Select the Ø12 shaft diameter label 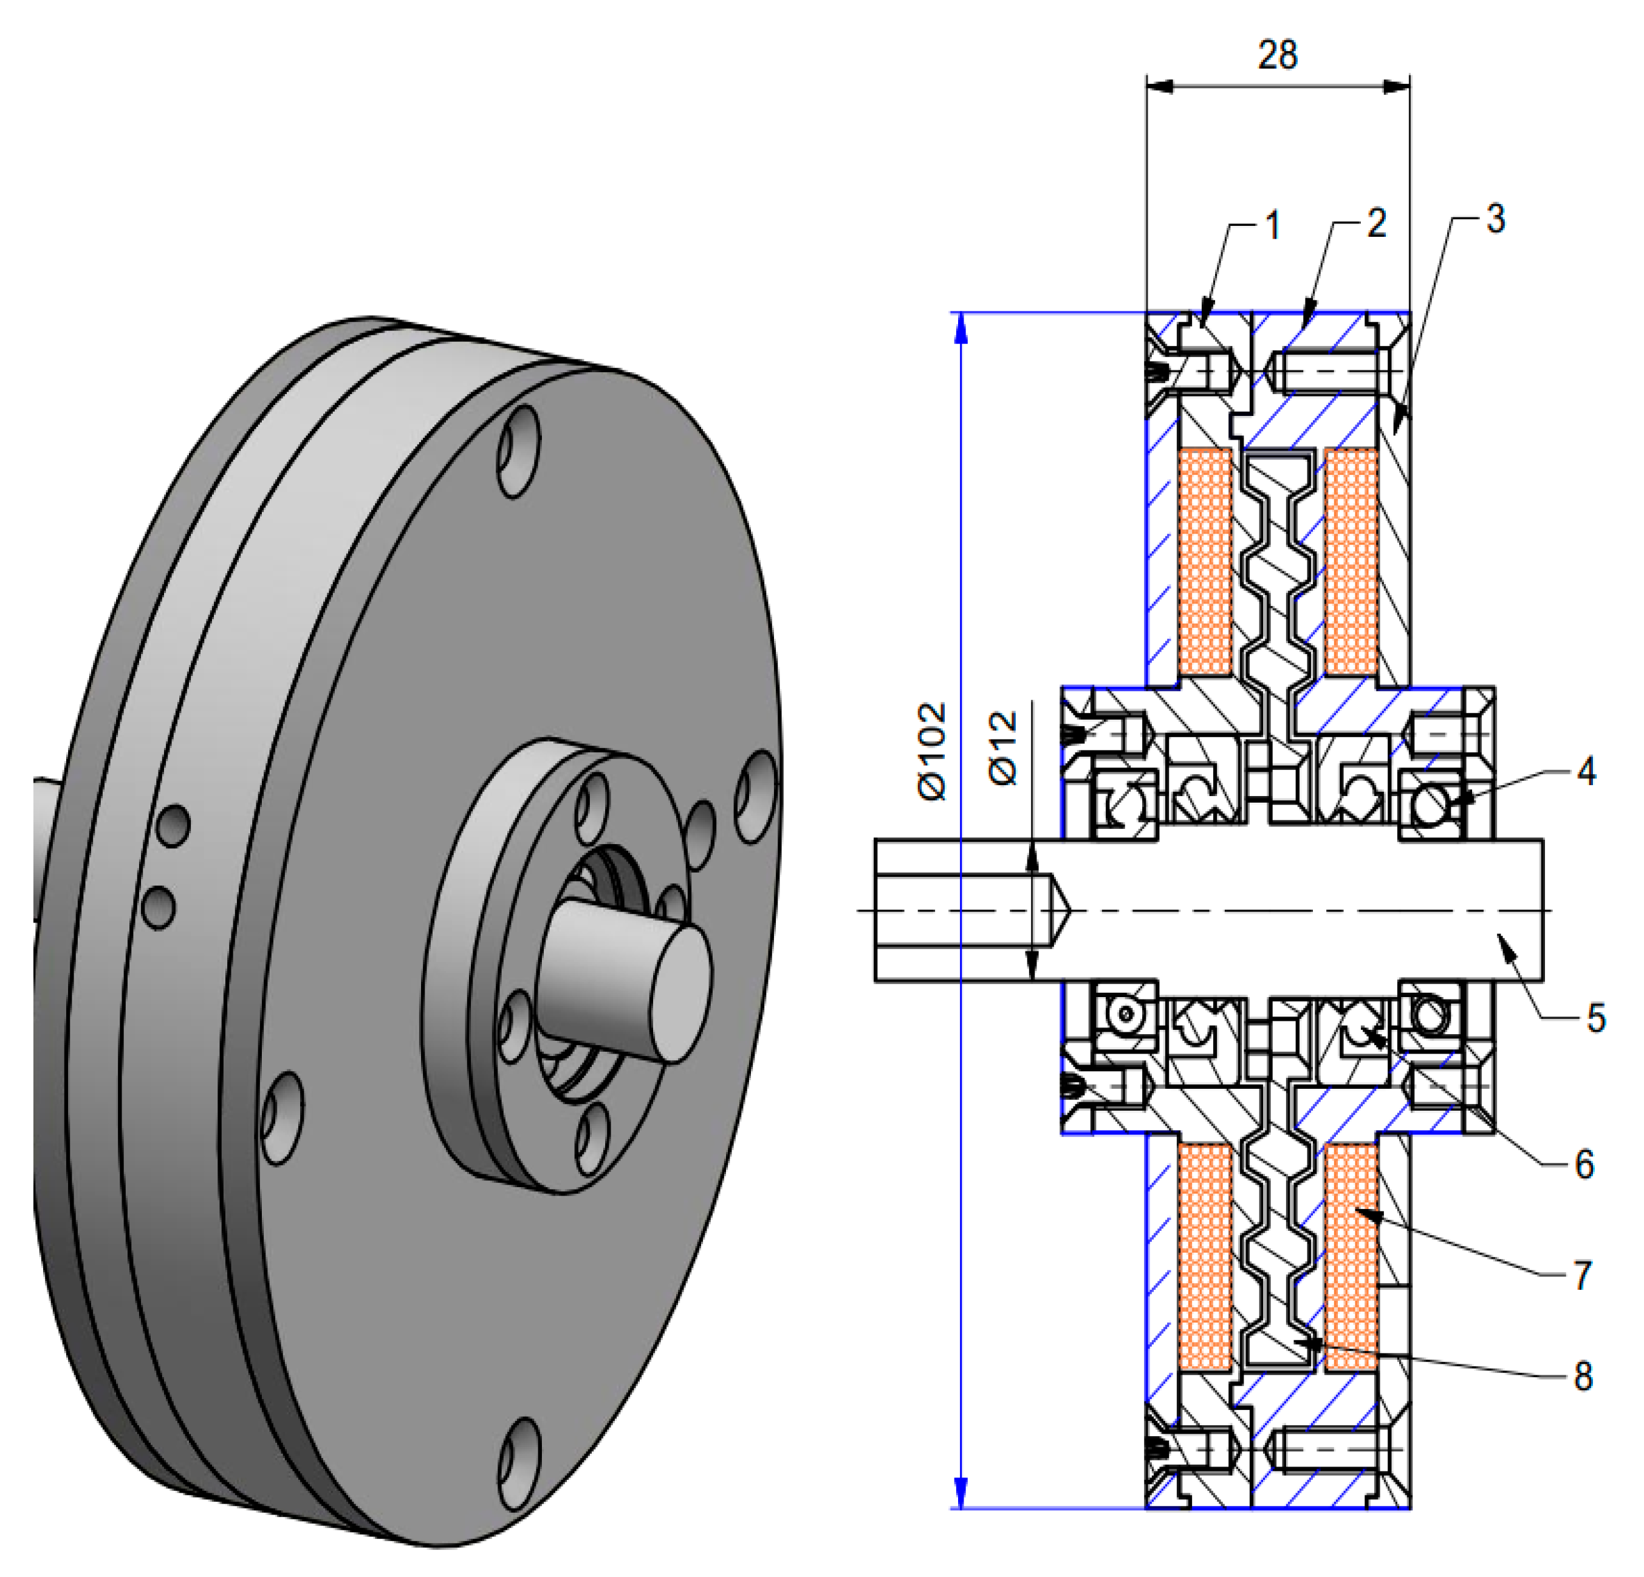point(1004,749)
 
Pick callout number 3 point(1496,219)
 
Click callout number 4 point(1584,771)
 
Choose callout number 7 point(1582,1275)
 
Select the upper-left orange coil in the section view point(1205,562)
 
